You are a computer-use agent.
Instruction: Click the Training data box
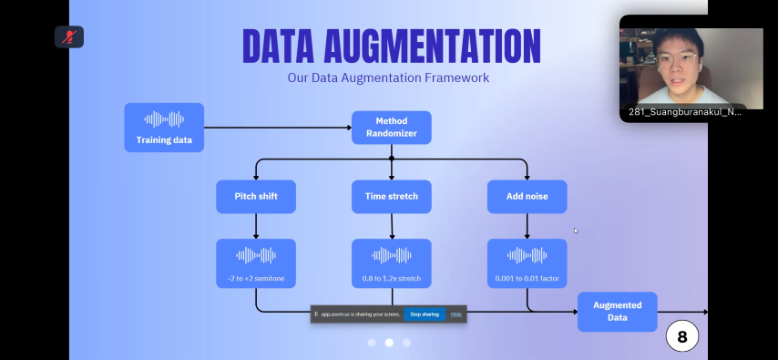pos(164,127)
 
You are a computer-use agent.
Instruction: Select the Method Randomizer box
pos(392,128)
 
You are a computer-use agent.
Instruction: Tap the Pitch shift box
pos(256,197)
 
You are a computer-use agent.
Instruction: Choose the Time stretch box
pos(392,197)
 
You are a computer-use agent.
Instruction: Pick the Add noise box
pos(527,197)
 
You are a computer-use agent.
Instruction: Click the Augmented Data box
pos(618,312)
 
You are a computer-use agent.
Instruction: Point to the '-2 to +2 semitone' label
pos(256,279)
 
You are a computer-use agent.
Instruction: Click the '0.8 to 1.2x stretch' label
pos(392,279)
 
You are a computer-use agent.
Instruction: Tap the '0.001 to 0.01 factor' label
pos(527,279)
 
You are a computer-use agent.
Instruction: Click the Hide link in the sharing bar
pos(456,314)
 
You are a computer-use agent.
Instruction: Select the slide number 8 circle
pos(682,336)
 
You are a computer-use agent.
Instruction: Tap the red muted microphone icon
pos(69,36)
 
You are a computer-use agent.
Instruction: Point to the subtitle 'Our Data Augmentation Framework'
pos(388,78)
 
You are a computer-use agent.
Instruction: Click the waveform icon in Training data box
pos(164,119)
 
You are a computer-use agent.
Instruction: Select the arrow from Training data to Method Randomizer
pos(278,128)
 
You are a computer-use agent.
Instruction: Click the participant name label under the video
pos(685,112)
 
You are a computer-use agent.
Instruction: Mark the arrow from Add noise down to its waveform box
pos(527,226)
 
